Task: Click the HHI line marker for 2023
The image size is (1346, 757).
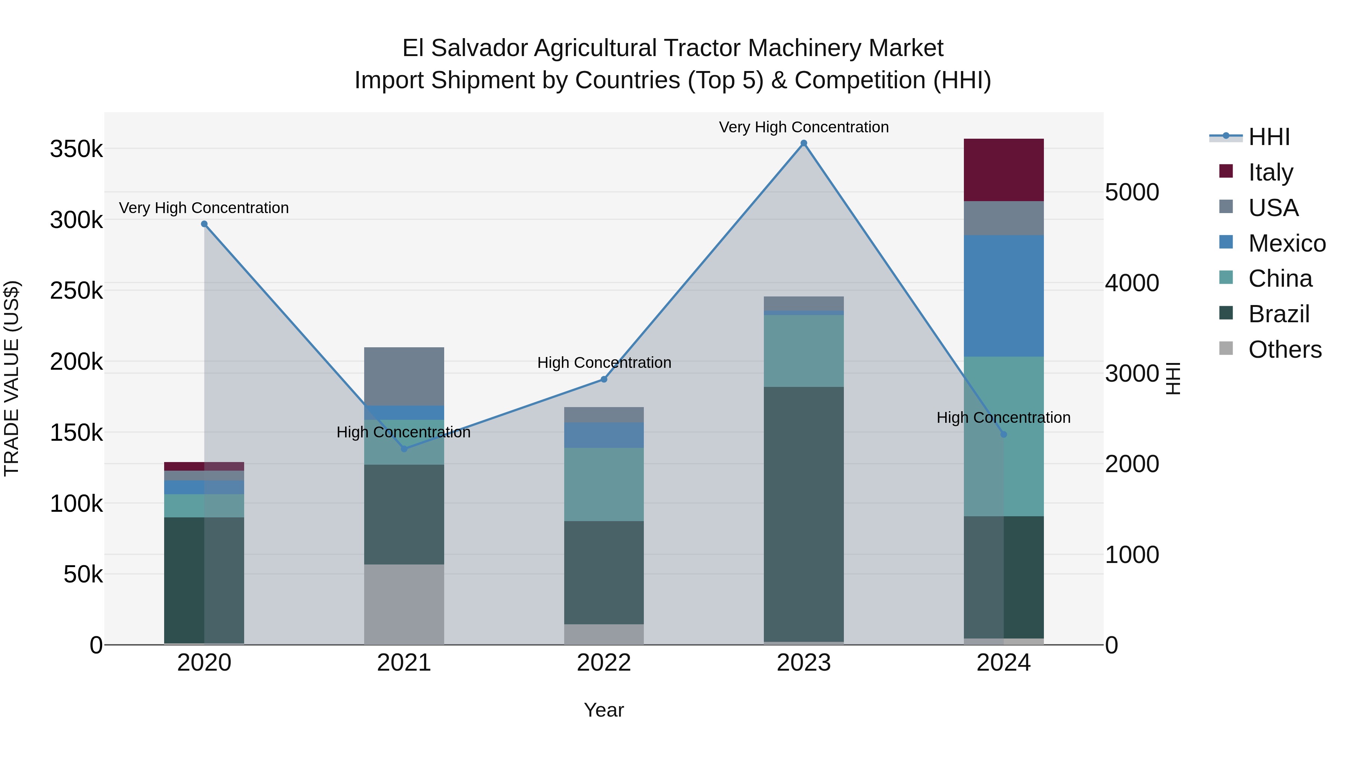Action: pos(803,144)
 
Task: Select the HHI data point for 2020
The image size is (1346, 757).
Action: pos(204,224)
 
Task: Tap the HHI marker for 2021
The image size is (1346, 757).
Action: pos(404,449)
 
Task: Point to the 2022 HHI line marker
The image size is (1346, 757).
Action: pos(604,379)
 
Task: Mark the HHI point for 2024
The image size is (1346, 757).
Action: pos(1003,434)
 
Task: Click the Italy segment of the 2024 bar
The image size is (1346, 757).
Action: pos(1003,170)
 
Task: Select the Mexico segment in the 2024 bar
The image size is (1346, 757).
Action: pos(1003,296)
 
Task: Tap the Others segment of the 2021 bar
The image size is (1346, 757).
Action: pos(404,604)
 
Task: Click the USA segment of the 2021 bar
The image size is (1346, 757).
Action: pos(404,376)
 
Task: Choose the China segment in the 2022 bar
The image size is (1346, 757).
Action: pos(604,484)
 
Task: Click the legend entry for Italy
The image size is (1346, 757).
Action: pos(1270,172)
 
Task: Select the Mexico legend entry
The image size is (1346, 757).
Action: pos(1287,243)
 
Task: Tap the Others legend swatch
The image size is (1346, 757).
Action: pos(1226,348)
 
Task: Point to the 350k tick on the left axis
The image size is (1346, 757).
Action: pos(76,150)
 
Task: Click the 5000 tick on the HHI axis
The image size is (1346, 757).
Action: pos(1132,192)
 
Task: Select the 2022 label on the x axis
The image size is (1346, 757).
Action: pos(604,663)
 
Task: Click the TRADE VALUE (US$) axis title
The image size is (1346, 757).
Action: pos(12,378)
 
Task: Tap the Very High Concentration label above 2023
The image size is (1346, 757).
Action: pos(803,127)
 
